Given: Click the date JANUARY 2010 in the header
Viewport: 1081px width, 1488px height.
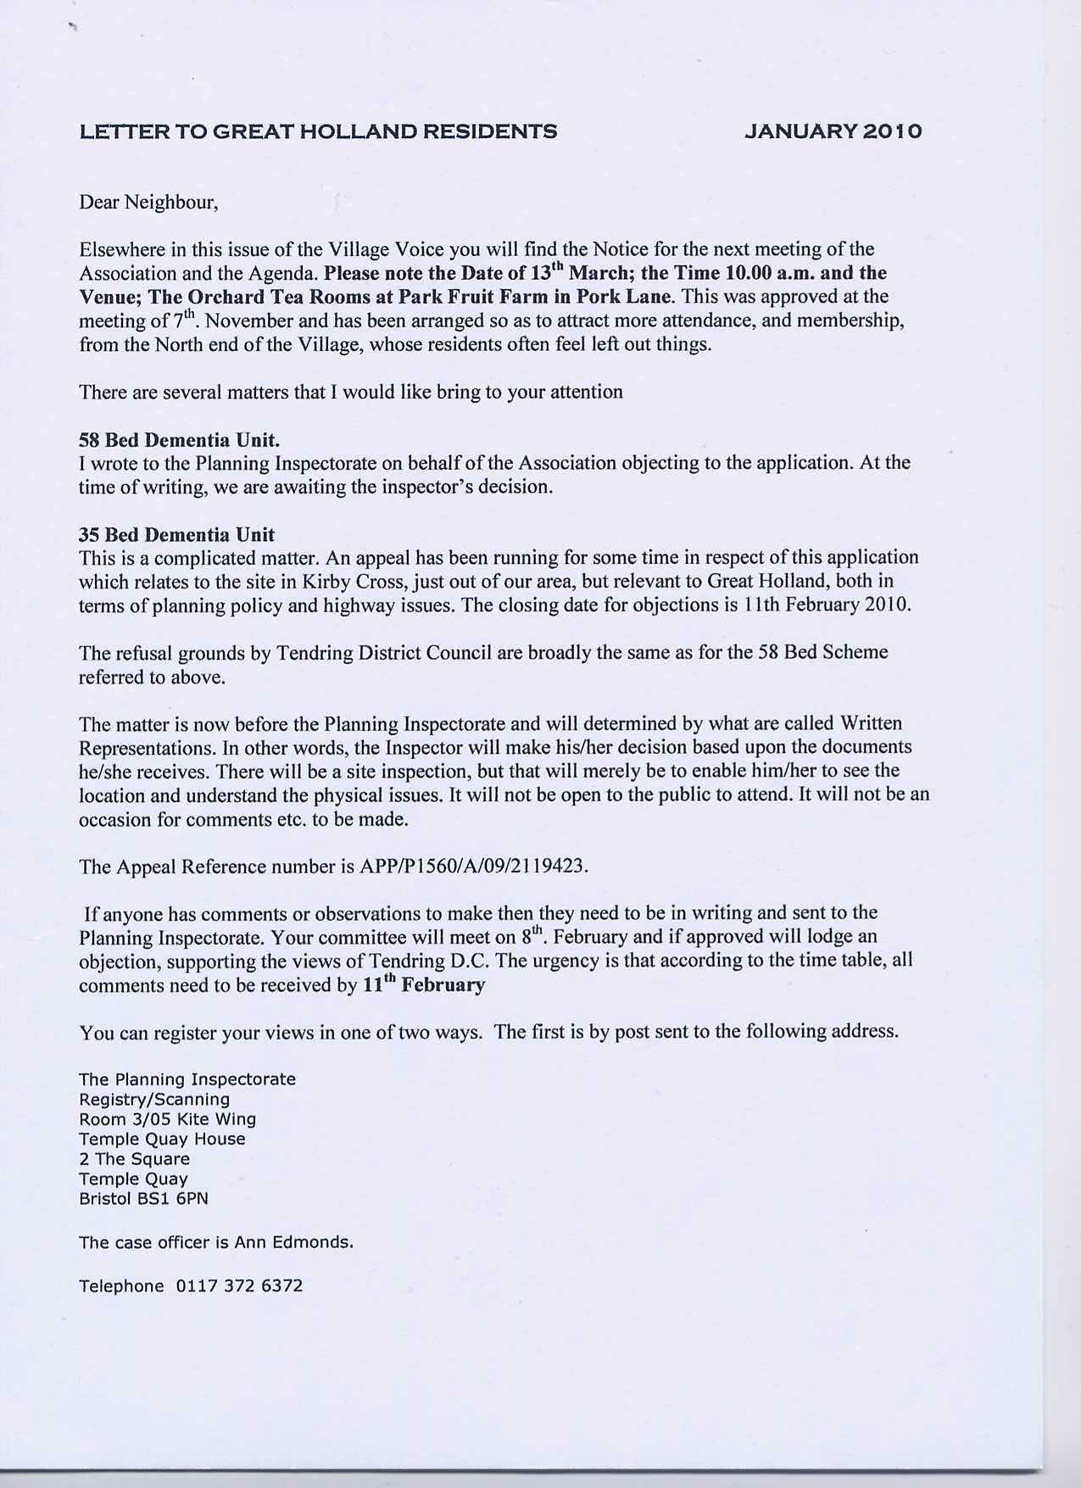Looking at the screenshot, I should pyautogui.click(x=833, y=131).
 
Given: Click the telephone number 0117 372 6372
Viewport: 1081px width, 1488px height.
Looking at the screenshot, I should pyautogui.click(x=239, y=1286).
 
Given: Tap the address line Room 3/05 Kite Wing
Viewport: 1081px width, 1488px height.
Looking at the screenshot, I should pyautogui.click(x=167, y=1119).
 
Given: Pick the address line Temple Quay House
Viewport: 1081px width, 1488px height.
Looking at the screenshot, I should pyautogui.click(x=162, y=1139).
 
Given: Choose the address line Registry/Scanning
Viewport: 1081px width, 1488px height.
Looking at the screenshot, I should pyautogui.click(x=154, y=1100).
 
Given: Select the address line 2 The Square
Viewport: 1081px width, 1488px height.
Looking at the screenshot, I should pyautogui.click(x=134, y=1159).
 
